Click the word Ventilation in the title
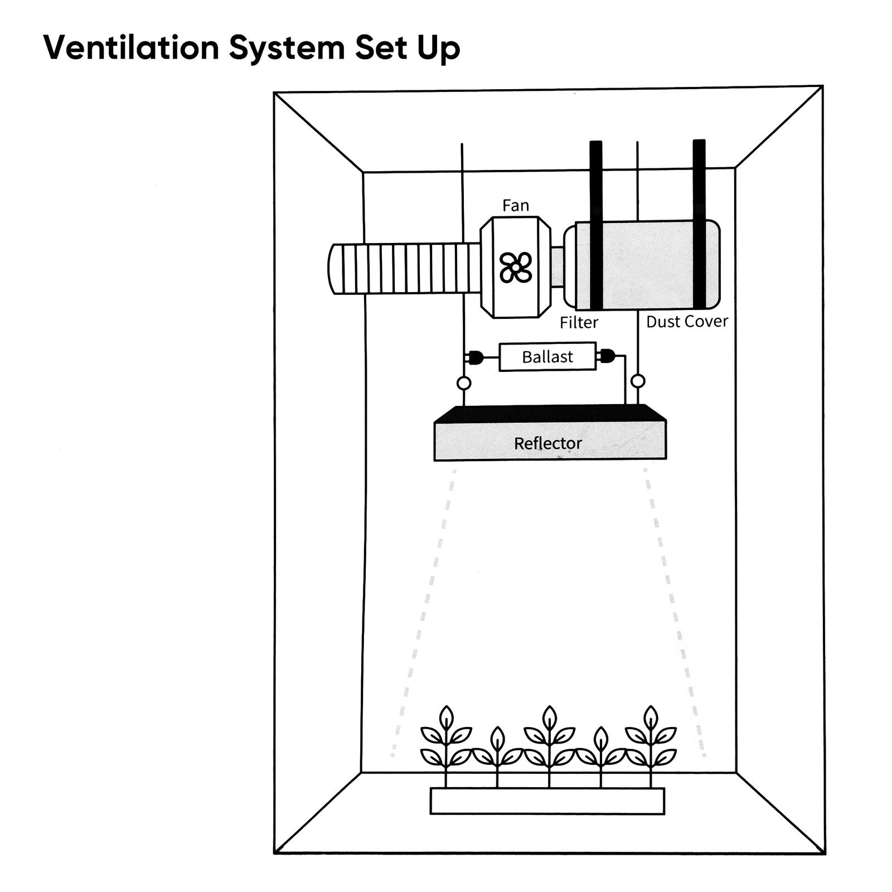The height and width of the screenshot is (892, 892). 131,48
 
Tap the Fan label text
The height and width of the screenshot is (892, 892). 515,206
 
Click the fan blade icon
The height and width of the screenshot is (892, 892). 516,267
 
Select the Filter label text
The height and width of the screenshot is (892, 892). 579,322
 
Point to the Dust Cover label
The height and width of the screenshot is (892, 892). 687,321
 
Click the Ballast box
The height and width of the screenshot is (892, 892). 547,357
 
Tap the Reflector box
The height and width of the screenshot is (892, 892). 550,443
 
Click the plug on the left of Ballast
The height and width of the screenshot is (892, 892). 476,357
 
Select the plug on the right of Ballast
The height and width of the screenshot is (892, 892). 607,356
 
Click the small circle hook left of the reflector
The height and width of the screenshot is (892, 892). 464,384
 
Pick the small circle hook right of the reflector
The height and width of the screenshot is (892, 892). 638,381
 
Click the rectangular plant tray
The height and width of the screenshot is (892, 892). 547,801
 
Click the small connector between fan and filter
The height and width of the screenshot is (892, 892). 557,267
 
